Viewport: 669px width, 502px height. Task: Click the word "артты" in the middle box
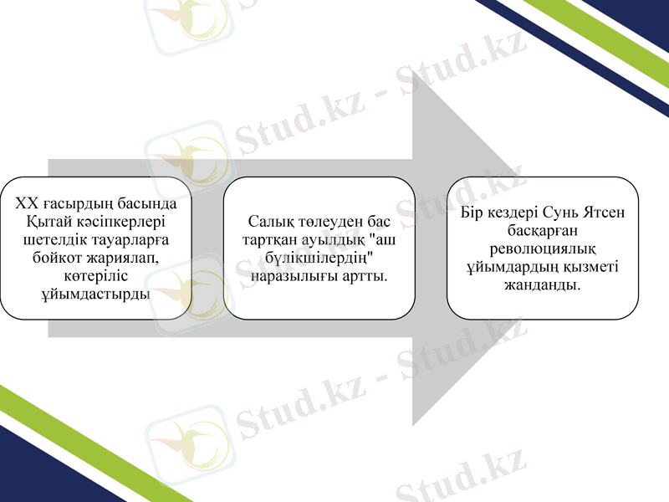point(365,276)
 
